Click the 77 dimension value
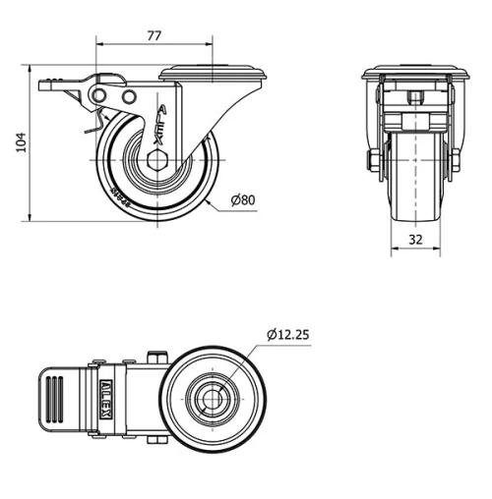point(154,35)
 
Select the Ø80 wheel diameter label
point(243,200)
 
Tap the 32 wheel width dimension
point(413,239)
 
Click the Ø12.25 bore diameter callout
point(287,335)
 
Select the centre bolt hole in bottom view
point(212,398)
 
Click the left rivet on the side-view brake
point(100,94)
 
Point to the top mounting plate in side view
point(215,73)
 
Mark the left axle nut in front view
point(374,160)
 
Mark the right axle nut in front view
point(455,160)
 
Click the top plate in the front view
point(413,74)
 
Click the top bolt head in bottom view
point(154,357)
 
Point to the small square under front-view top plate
point(415,97)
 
